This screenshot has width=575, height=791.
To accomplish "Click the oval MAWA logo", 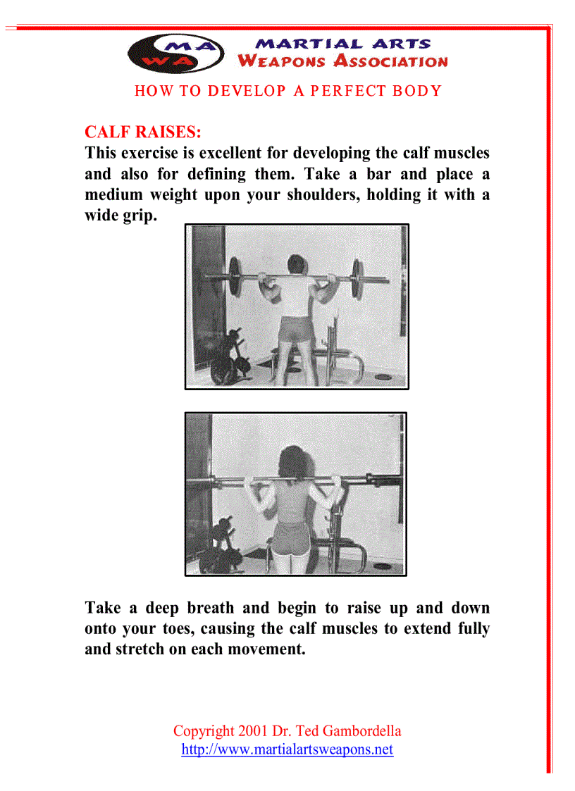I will [x=176, y=53].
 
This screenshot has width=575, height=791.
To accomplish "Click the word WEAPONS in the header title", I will [x=282, y=61].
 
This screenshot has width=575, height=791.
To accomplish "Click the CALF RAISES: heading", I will [x=142, y=132].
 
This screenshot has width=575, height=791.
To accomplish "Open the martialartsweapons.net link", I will [x=287, y=749].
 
